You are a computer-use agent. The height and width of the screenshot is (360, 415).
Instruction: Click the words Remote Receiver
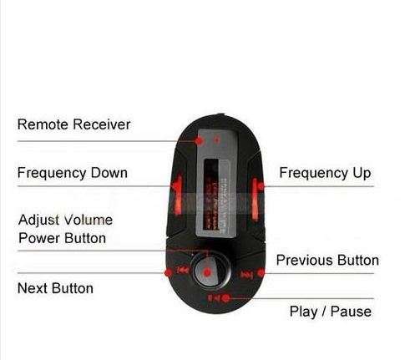73,124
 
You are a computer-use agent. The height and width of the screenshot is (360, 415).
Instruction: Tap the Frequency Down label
73,173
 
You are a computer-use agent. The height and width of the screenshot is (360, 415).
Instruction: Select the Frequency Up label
325,173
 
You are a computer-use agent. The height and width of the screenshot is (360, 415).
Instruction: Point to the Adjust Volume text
65,220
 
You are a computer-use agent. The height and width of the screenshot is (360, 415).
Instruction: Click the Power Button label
62,238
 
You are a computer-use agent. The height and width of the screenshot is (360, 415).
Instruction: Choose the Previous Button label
327,261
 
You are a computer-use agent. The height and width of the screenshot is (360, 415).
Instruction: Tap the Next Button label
55,288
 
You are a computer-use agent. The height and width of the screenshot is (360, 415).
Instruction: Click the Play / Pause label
331,312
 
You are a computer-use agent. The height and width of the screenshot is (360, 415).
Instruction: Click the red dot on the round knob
207,272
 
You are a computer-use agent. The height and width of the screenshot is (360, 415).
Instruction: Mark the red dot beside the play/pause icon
225,298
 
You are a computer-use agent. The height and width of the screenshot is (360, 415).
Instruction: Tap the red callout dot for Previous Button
261,273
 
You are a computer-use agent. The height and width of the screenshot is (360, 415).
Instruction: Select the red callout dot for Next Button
168,273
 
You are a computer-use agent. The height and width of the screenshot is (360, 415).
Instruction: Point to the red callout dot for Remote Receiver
199,141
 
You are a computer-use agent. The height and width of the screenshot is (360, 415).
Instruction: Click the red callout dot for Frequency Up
261,186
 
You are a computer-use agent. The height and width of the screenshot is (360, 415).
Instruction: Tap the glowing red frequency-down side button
177,195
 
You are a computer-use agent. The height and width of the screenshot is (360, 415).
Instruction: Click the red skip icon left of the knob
183,270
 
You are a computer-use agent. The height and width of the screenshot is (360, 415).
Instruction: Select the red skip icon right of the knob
246,275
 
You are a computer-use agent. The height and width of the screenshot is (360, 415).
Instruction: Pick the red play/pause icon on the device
215,298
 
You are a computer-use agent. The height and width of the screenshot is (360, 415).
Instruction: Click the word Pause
352,312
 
